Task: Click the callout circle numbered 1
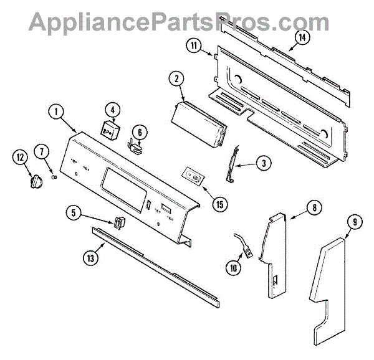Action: tap(56, 112)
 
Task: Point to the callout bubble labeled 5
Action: tap(75, 213)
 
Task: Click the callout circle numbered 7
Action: tap(42, 151)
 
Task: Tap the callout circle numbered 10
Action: tap(234, 268)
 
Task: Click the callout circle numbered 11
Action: tap(194, 45)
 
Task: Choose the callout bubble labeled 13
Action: tap(92, 255)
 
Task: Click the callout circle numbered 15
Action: tap(219, 202)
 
